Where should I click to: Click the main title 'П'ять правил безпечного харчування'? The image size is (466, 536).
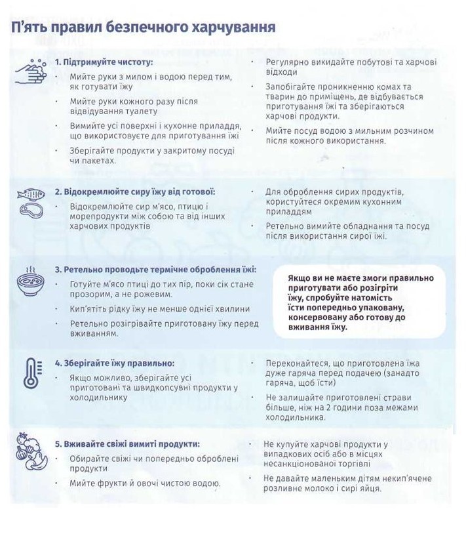pyautogui.click(x=143, y=28)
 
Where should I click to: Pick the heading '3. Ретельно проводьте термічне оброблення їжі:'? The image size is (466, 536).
pyautogui.click(x=155, y=270)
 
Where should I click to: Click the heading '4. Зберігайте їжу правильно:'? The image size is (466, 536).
pyautogui.click(x=115, y=363)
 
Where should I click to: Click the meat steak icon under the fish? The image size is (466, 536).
pyautogui.click(x=30, y=210)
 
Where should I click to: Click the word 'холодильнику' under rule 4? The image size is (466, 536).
pyautogui.click(x=98, y=398)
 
